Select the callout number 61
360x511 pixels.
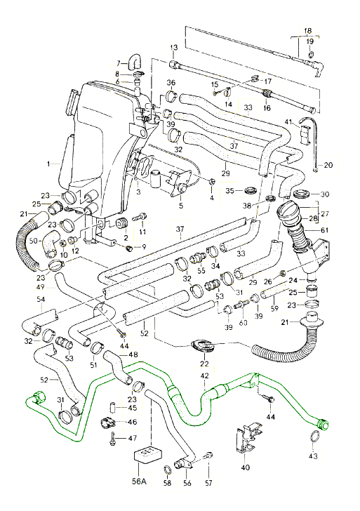click(324, 230)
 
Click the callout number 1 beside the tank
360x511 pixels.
click(48, 164)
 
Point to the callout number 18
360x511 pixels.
click(307, 30)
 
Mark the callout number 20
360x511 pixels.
click(329, 166)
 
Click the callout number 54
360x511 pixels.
click(41, 300)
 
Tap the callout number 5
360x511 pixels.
click(180, 206)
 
